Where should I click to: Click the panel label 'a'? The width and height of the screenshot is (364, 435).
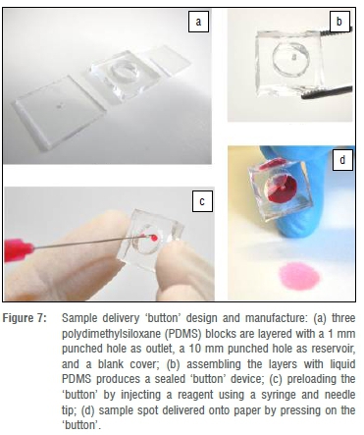(198, 22)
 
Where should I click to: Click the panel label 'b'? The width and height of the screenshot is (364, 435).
(339, 22)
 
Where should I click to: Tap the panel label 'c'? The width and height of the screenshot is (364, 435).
(202, 201)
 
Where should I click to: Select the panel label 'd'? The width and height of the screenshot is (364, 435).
(342, 160)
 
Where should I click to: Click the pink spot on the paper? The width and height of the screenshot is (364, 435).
(299, 276)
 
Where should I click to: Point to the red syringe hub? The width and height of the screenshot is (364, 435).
(19, 250)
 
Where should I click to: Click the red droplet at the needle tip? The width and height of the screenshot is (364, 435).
(154, 238)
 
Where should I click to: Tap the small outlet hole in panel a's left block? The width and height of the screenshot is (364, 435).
(60, 106)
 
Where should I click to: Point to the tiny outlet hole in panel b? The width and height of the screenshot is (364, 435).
(294, 57)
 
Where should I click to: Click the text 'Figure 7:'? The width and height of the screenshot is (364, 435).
(26, 318)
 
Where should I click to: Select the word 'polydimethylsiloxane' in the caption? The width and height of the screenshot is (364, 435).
(111, 334)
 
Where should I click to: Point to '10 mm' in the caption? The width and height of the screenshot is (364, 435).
(202, 349)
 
